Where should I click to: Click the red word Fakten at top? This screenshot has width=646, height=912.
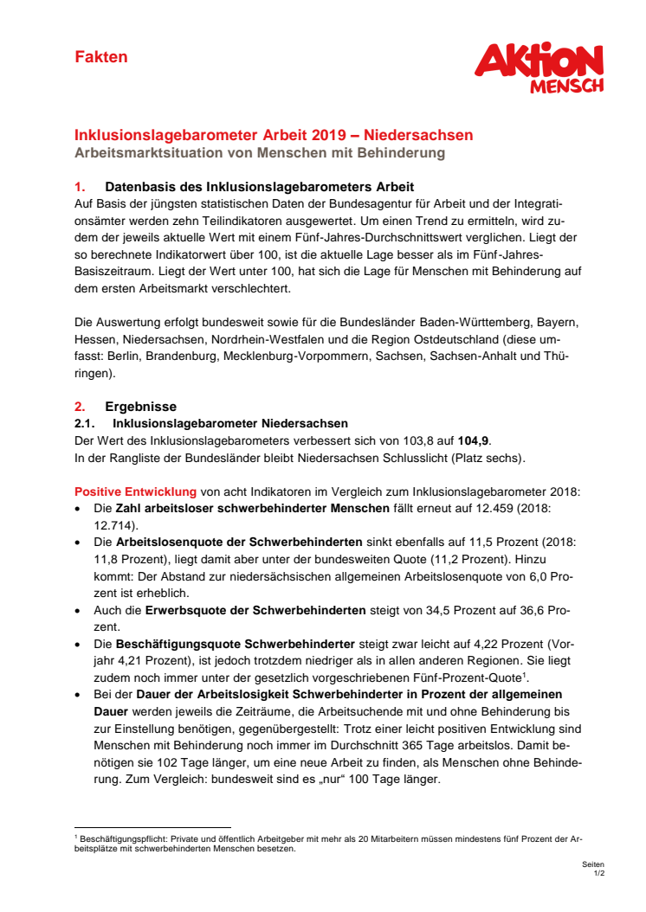tap(101, 57)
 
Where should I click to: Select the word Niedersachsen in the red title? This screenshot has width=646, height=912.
tap(418, 136)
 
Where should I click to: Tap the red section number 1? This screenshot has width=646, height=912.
tap(80, 187)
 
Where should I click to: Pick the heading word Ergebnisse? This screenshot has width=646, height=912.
tap(141, 407)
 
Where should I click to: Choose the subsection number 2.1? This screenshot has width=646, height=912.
tap(85, 423)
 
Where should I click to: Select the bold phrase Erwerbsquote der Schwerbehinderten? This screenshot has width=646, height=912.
tap(255, 609)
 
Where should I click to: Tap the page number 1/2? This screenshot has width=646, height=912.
tap(598, 874)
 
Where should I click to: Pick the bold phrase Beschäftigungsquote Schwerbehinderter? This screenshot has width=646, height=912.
tap(235, 643)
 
